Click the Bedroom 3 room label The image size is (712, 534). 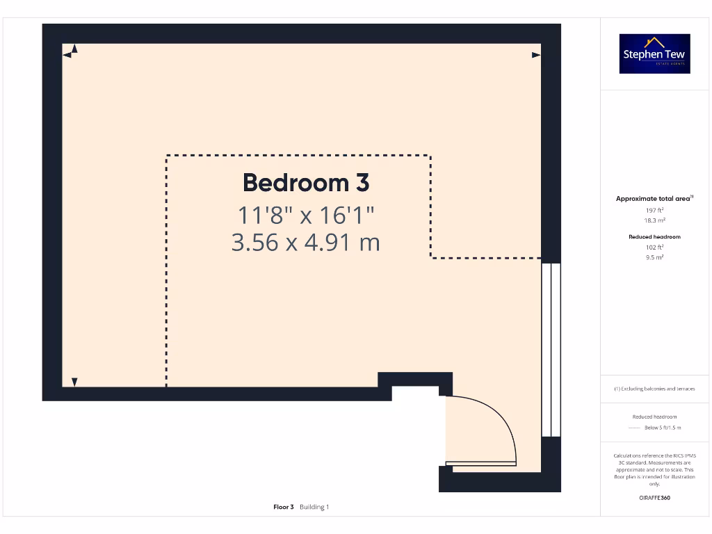[306, 183]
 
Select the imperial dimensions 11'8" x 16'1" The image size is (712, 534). [306, 215]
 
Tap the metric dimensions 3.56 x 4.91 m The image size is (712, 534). [306, 243]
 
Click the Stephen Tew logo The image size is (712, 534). [654, 54]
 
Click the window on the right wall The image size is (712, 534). [551, 349]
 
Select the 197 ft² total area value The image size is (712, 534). [654, 209]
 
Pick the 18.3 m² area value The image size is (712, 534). [654, 220]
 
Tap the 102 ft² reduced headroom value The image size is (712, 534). [654, 247]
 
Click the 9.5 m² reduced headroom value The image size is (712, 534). [654, 257]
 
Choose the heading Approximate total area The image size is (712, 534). [654, 199]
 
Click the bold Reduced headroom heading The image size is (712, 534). [654, 236]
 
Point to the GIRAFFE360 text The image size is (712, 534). [654, 498]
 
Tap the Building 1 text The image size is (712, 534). [314, 507]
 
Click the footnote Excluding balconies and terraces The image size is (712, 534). [654, 389]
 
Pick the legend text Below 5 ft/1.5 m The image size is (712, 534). [663, 428]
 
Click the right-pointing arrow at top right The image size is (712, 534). [536, 54]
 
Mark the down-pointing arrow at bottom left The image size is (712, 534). [74, 382]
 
